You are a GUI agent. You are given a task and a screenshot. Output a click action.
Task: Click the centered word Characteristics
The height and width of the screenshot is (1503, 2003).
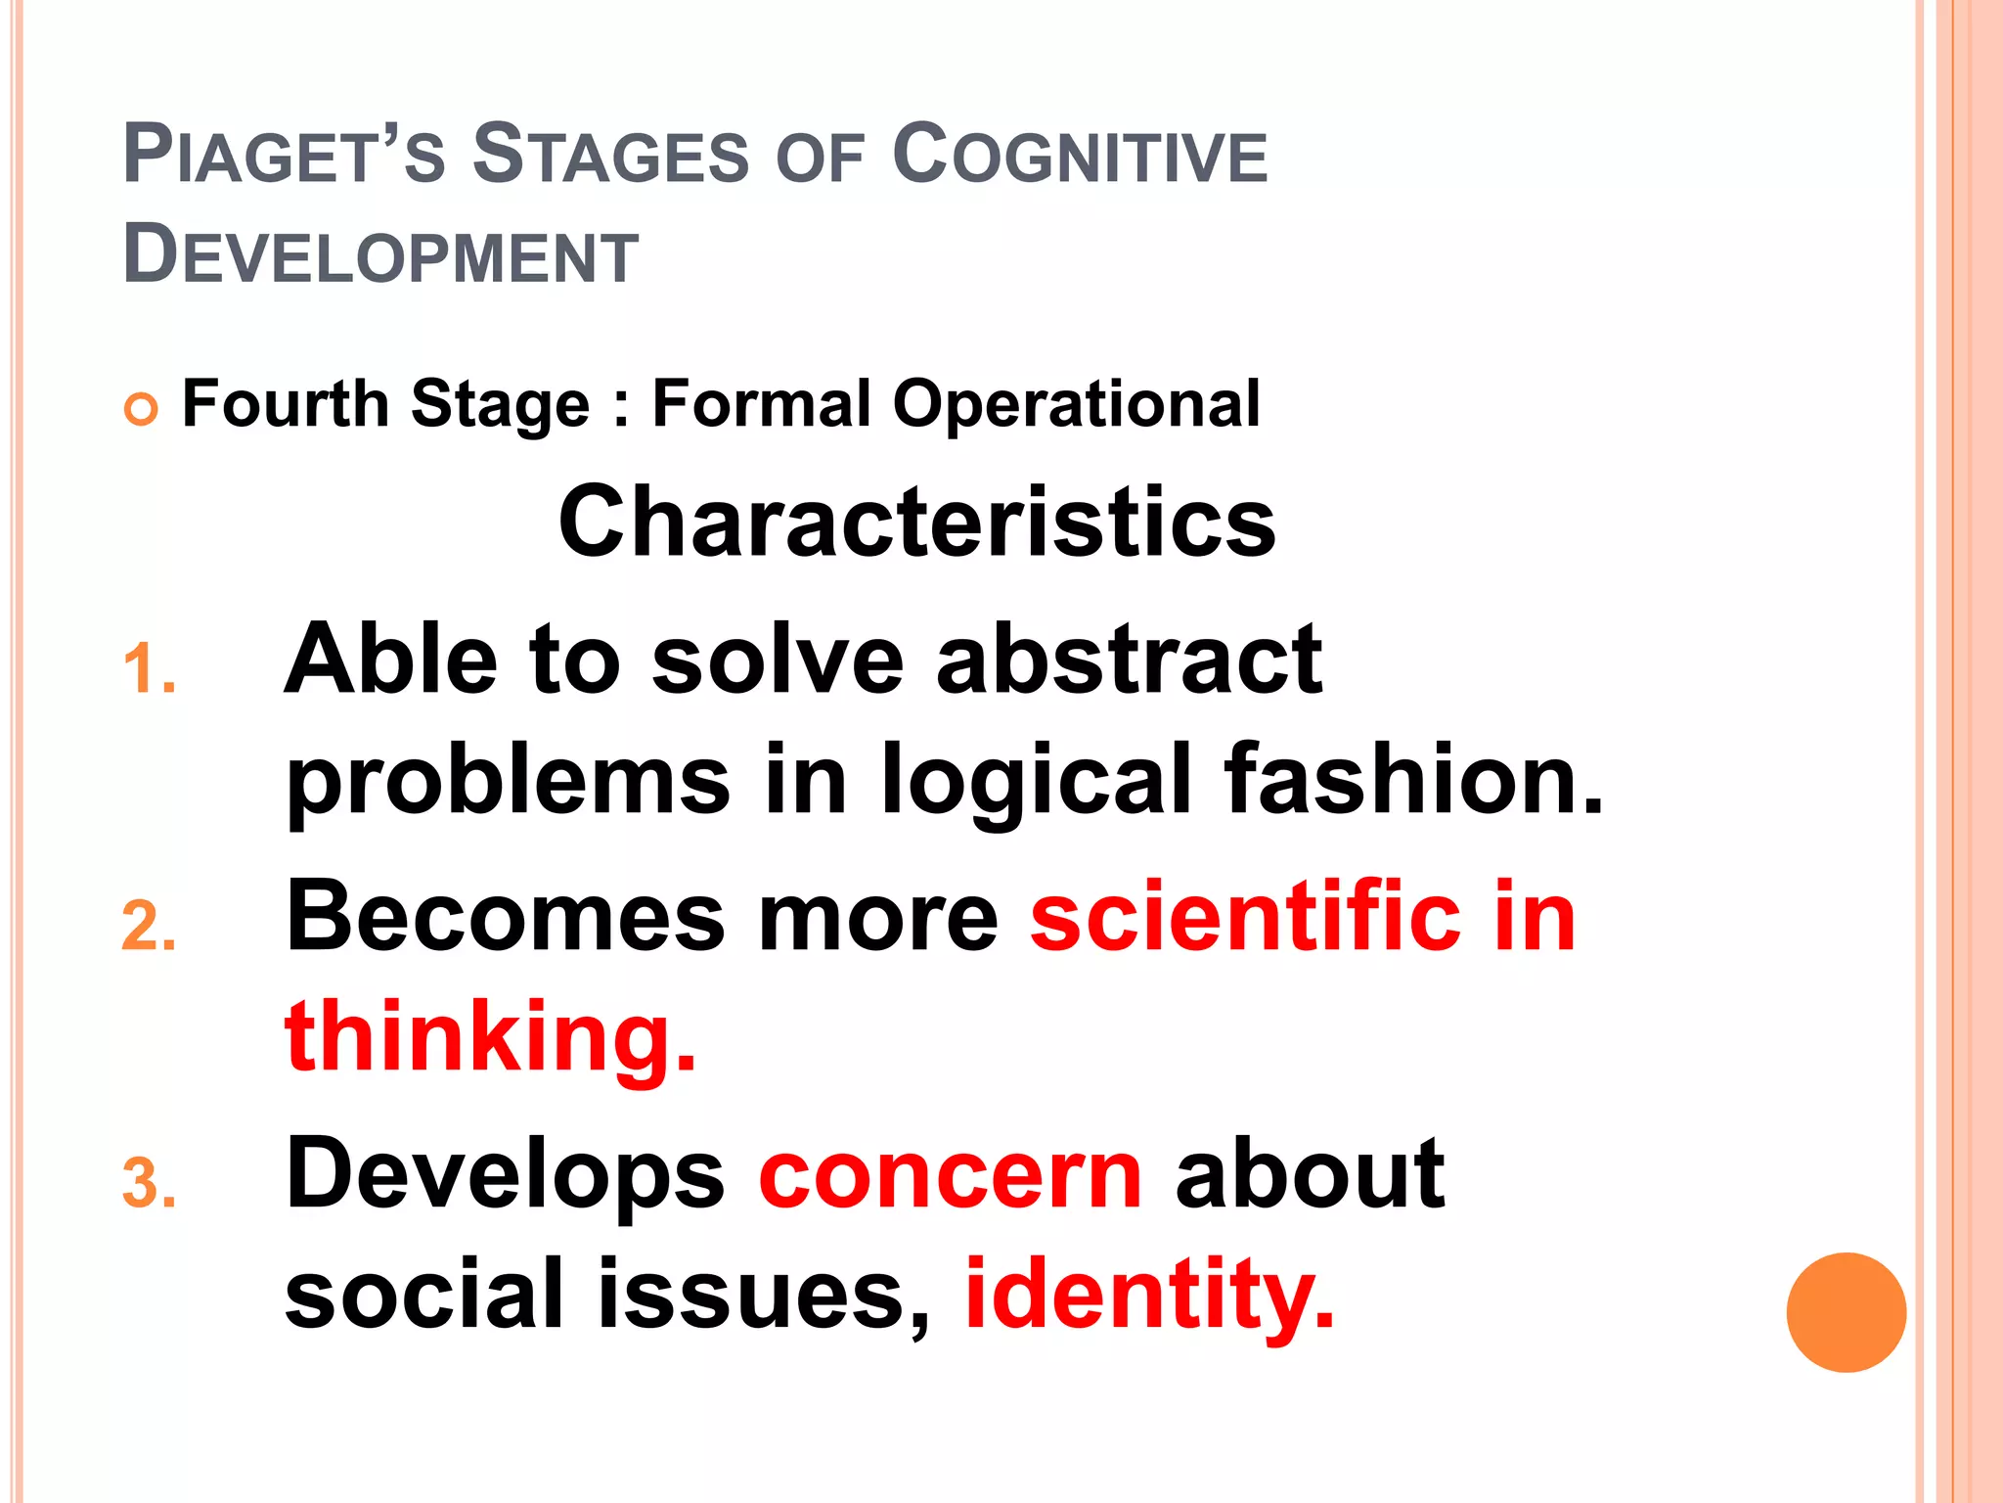pyautogui.click(x=916, y=523)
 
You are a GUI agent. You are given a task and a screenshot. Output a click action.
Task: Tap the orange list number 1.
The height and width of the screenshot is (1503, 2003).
pyautogui.click(x=149, y=671)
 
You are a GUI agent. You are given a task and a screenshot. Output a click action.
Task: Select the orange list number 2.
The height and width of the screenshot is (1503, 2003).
pyautogui.click(x=149, y=927)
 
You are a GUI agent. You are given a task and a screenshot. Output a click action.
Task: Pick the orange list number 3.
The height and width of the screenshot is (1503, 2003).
pyautogui.click(x=149, y=1184)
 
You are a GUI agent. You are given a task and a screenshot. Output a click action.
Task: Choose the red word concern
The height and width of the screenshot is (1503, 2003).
pyautogui.click(x=950, y=1176)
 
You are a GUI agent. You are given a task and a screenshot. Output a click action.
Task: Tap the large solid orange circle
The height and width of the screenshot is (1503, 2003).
pyautogui.click(x=1846, y=1312)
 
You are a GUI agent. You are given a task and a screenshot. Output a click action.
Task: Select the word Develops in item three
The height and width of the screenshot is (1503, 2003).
pyautogui.click(x=505, y=1176)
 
